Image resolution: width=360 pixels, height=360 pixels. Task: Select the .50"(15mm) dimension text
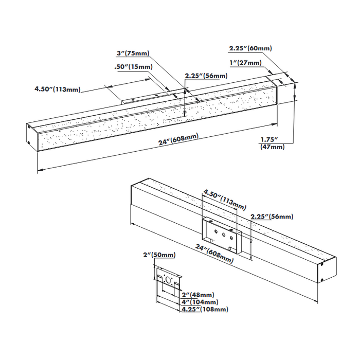pos(133,67)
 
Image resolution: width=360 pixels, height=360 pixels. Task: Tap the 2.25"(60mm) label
pos(250,49)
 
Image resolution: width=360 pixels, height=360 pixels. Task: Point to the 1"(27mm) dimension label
pos(246,63)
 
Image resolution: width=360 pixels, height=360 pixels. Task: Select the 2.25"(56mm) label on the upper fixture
pos(206,77)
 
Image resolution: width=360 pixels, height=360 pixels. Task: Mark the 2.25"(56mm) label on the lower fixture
pos(272,217)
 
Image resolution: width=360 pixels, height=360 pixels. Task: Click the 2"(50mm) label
pos(159,255)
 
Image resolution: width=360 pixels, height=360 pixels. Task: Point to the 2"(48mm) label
pos(198,295)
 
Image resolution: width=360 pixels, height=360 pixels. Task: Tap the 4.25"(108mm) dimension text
pos(204,309)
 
